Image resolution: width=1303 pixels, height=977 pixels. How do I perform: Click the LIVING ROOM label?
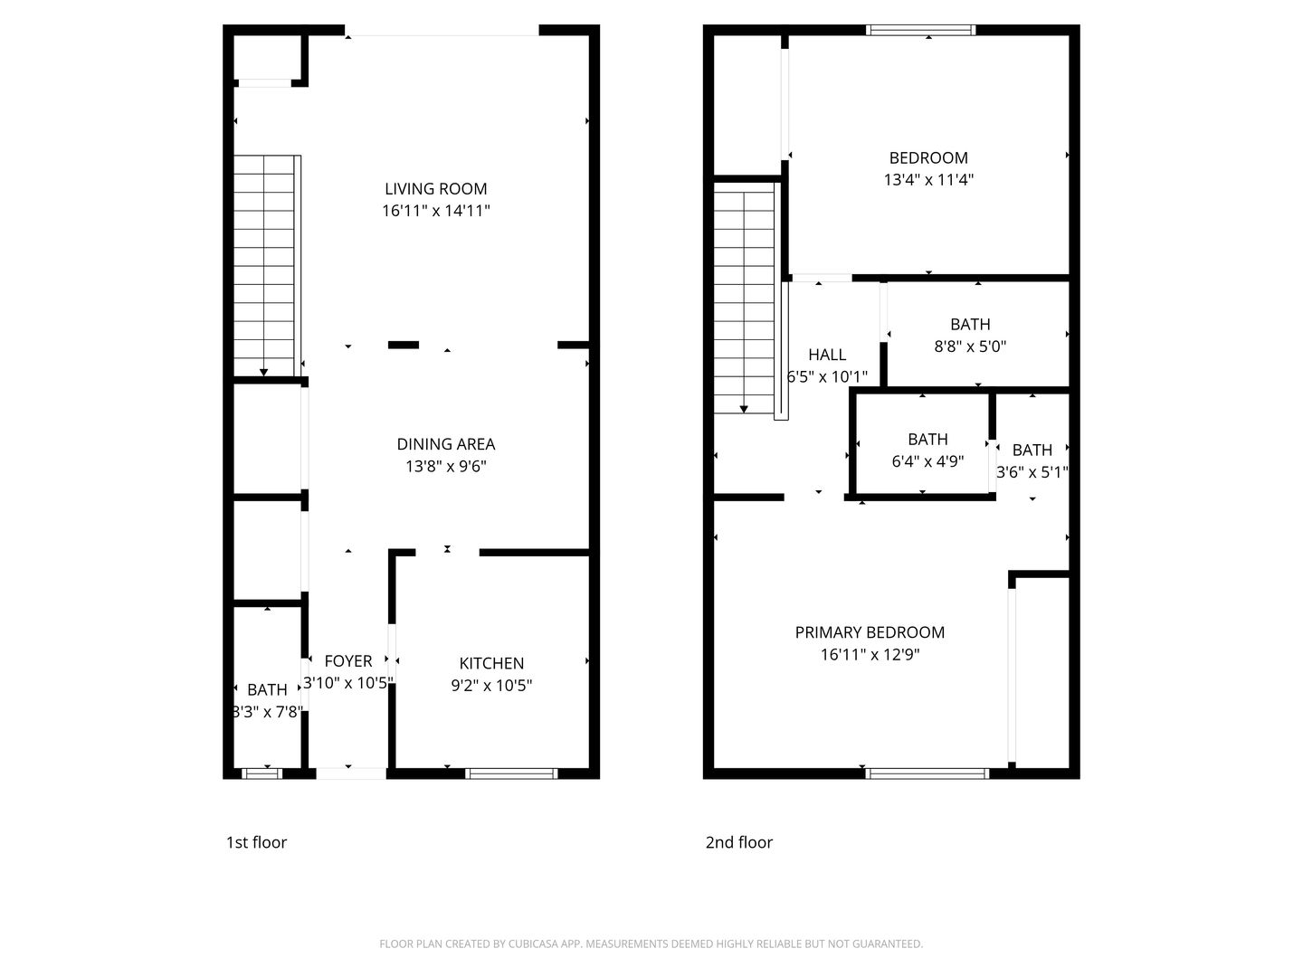pyautogui.click(x=435, y=189)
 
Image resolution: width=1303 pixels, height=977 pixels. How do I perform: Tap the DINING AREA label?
pyautogui.click(x=445, y=444)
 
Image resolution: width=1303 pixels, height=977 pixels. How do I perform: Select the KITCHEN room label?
pyautogui.click(x=491, y=663)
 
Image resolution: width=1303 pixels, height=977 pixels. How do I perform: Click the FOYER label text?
pyautogui.click(x=347, y=661)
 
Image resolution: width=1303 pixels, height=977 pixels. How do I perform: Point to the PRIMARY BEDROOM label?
pyautogui.click(x=870, y=632)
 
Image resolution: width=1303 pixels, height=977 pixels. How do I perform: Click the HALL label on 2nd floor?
pyautogui.click(x=827, y=355)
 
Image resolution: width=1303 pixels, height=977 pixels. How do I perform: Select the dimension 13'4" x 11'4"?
pyautogui.click(x=928, y=179)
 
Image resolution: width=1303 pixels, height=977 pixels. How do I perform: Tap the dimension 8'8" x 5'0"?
pyautogui.click(x=970, y=346)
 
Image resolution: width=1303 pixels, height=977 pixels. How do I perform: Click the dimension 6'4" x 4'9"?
pyautogui.click(x=927, y=460)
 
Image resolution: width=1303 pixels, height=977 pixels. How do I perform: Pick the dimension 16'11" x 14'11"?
pyautogui.click(x=435, y=211)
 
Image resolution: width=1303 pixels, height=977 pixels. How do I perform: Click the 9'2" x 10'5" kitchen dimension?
pyautogui.click(x=491, y=686)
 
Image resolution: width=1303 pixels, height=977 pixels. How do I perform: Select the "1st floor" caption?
pyautogui.click(x=256, y=842)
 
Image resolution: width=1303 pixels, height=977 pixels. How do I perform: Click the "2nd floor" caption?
pyautogui.click(x=739, y=842)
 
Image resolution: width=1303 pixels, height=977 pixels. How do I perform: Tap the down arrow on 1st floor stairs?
pyautogui.click(x=263, y=371)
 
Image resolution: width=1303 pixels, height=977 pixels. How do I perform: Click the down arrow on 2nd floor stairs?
pyautogui.click(x=744, y=409)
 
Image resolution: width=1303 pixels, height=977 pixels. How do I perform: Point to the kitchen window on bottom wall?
pyautogui.click(x=511, y=773)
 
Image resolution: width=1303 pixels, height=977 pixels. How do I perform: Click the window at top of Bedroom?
pyautogui.click(x=921, y=30)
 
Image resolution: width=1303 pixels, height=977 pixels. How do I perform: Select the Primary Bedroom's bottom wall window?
pyautogui.click(x=927, y=773)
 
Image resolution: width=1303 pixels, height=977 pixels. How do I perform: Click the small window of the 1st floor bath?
pyautogui.click(x=262, y=773)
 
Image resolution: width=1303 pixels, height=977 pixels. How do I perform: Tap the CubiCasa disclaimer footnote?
pyautogui.click(x=651, y=944)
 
